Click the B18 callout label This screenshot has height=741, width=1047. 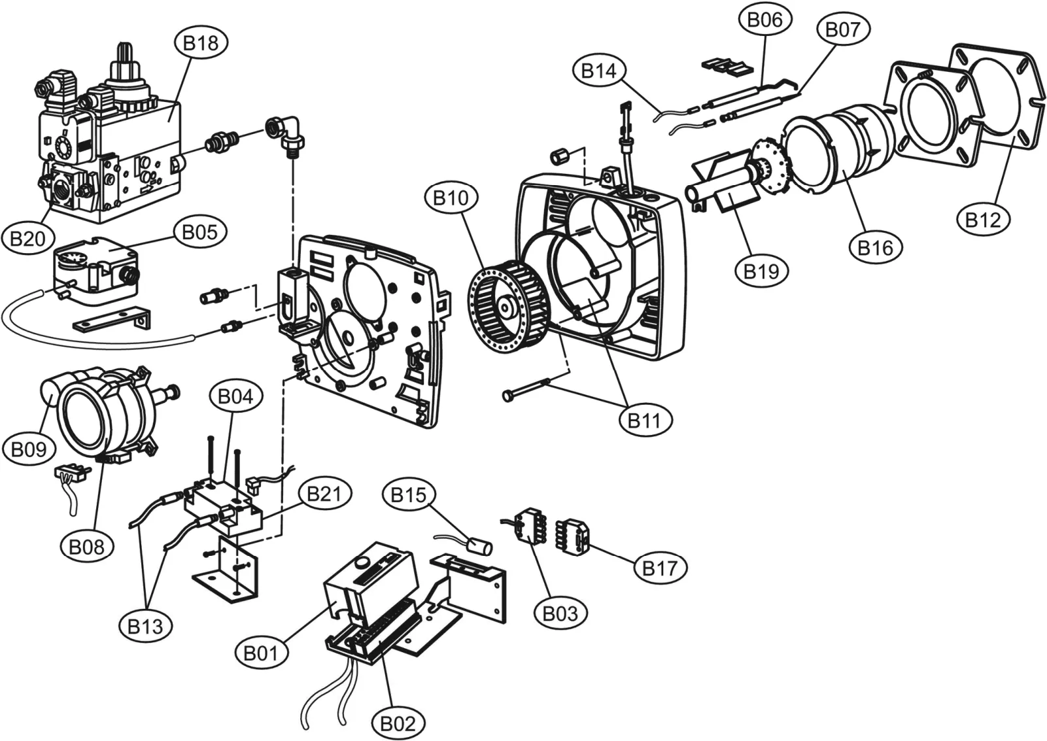201,43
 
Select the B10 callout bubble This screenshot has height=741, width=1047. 451,198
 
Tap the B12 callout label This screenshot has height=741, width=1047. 983,219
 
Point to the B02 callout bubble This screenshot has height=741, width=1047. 398,724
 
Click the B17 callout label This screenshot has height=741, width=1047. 660,568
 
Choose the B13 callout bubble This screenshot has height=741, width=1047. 145,627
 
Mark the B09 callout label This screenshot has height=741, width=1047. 29,450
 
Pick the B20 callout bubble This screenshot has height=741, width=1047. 28,239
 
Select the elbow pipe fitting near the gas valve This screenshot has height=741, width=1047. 286,133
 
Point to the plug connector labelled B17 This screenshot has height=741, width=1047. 572,536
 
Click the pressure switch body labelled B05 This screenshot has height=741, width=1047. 96,269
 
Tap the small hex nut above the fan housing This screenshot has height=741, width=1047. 560,156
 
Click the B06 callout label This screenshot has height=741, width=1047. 765,20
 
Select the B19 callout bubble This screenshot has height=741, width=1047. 761,271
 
